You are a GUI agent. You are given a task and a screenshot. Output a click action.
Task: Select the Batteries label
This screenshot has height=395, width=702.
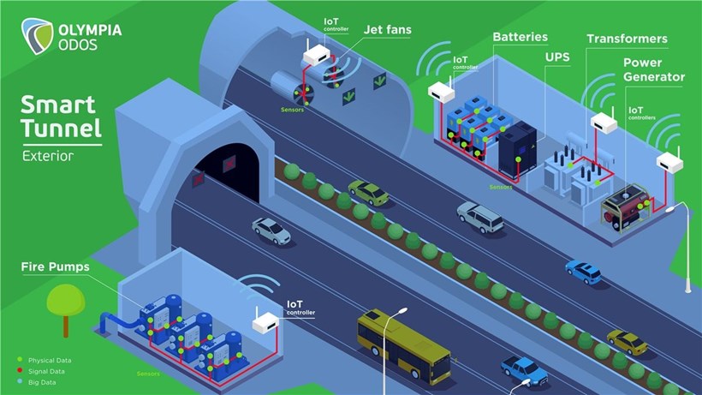[x=521, y=38]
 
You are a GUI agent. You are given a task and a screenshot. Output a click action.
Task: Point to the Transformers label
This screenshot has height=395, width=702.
[x=627, y=39]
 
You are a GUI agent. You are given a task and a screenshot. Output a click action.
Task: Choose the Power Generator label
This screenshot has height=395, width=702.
[x=653, y=69]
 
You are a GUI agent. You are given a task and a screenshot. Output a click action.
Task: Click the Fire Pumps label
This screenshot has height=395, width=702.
[x=55, y=266]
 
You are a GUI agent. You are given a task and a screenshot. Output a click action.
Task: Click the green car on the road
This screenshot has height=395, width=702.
[x=369, y=192]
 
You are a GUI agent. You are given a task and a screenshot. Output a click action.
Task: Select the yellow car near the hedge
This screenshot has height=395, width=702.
[x=628, y=342]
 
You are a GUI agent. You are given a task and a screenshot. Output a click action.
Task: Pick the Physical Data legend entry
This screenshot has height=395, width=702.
[x=48, y=360]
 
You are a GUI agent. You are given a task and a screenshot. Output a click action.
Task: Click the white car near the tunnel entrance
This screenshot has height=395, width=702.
[x=271, y=230]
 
